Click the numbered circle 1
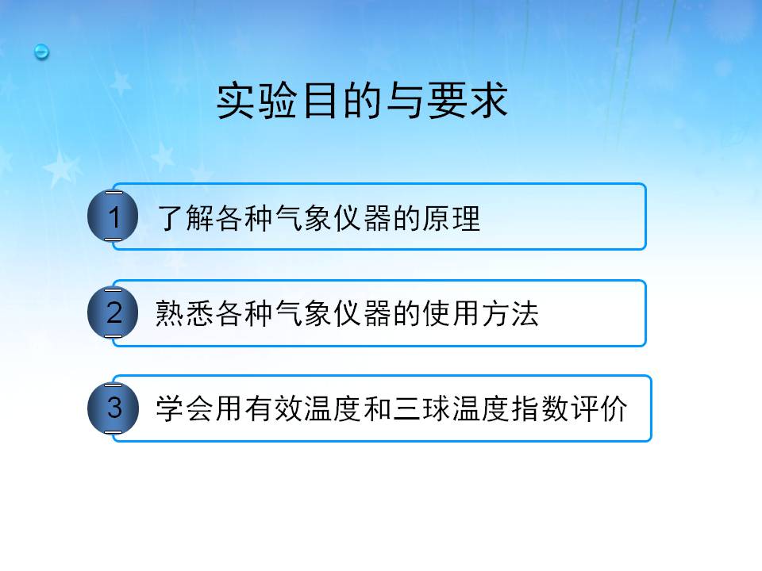pos(113,216)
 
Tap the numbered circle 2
pos(113,312)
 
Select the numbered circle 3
pos(113,408)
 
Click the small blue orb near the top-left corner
pos(42,52)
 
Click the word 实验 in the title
pos(257,101)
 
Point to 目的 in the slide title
pos(342,101)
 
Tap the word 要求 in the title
pos(468,101)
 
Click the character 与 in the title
pos(405,101)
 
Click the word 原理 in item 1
pos(452,217)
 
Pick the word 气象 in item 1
pos(304,217)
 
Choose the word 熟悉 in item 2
pos(185,313)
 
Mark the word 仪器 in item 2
pos(363,313)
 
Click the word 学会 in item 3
pos(185,408)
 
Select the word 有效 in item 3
pos(274,408)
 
